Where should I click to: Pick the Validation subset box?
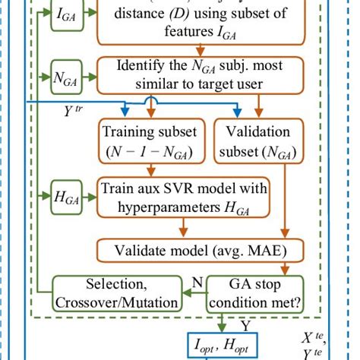pyautogui.click(x=256, y=143)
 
